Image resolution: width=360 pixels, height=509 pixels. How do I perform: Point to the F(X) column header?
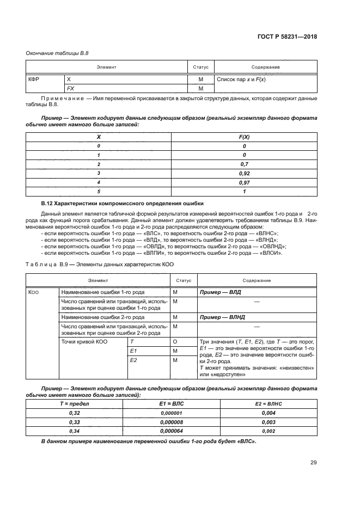[x=245, y=137]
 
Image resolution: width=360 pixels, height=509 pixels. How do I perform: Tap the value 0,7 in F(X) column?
[x=245, y=164]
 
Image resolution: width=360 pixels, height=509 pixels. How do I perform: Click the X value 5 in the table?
[x=99, y=191]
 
